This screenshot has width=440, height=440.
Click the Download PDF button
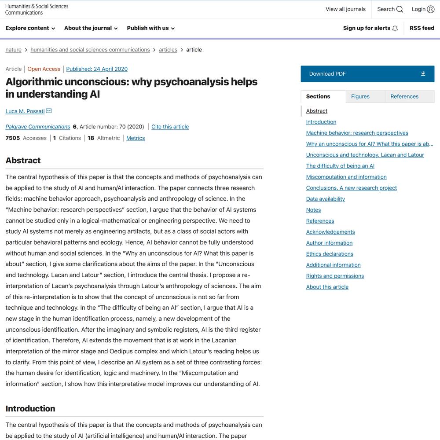(367, 74)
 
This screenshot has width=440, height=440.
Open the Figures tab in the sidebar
(360, 96)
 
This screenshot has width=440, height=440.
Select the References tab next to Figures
(404, 96)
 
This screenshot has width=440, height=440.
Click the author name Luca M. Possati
(25, 111)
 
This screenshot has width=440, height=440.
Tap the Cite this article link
(170, 127)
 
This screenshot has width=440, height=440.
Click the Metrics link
(136, 138)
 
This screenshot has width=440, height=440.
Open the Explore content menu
(30, 28)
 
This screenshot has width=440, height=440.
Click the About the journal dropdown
(91, 28)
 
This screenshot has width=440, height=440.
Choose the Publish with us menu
(151, 28)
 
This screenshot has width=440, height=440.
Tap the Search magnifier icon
(400, 9)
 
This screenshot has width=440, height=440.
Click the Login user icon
(431, 9)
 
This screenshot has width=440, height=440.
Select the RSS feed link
(422, 28)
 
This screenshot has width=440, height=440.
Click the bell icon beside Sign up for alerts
(395, 29)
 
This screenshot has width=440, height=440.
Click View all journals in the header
(345, 9)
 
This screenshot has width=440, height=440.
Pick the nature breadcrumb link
(13, 50)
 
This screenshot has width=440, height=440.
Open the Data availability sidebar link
(326, 199)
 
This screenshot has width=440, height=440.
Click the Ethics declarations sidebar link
(330, 254)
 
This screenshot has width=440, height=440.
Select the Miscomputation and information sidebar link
(346, 177)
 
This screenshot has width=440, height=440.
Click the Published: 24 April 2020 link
(97, 69)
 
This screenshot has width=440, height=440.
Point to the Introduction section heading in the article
(30, 408)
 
